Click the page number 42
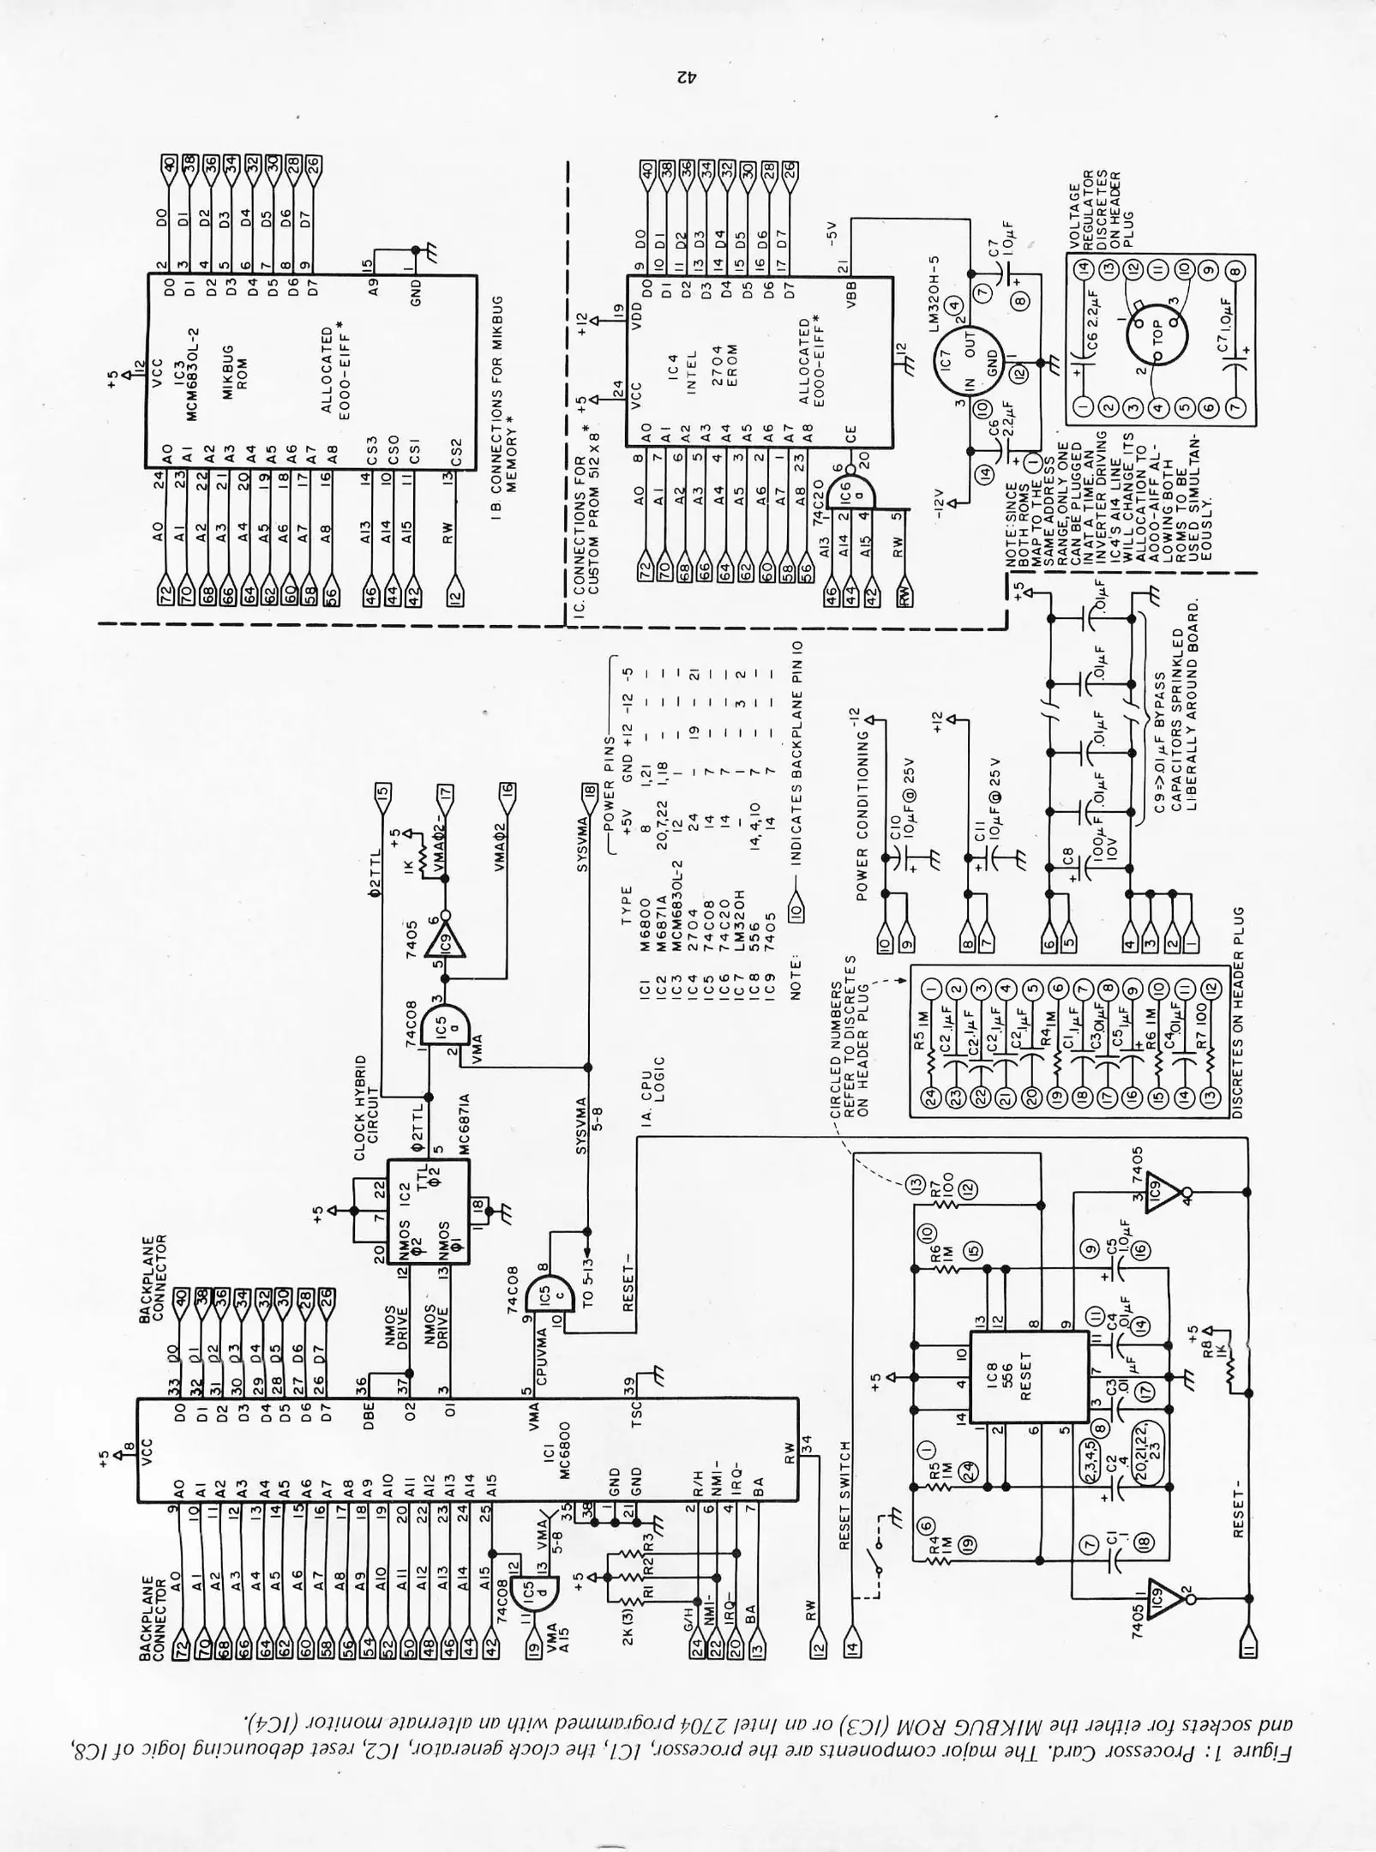[686, 78]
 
